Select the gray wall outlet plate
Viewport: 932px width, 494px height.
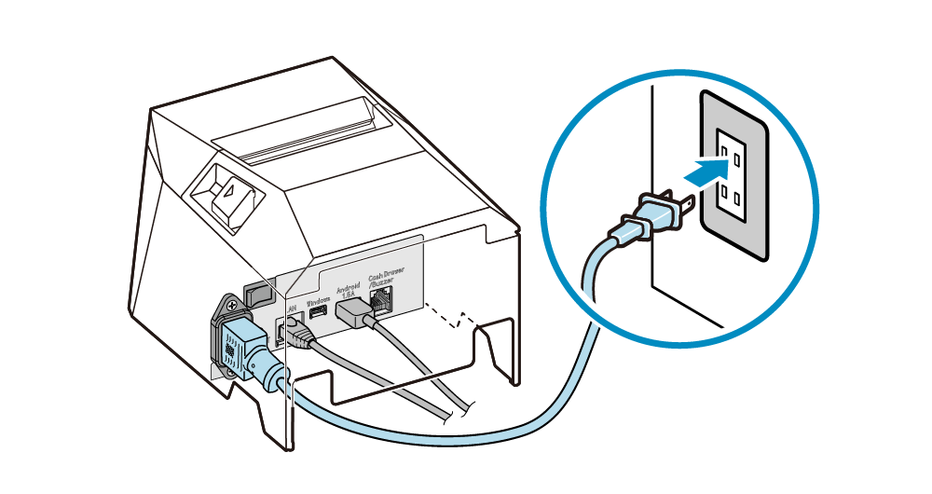click(x=733, y=174)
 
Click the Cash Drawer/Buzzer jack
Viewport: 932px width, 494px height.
click(x=382, y=298)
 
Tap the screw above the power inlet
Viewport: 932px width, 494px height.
click(x=226, y=303)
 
